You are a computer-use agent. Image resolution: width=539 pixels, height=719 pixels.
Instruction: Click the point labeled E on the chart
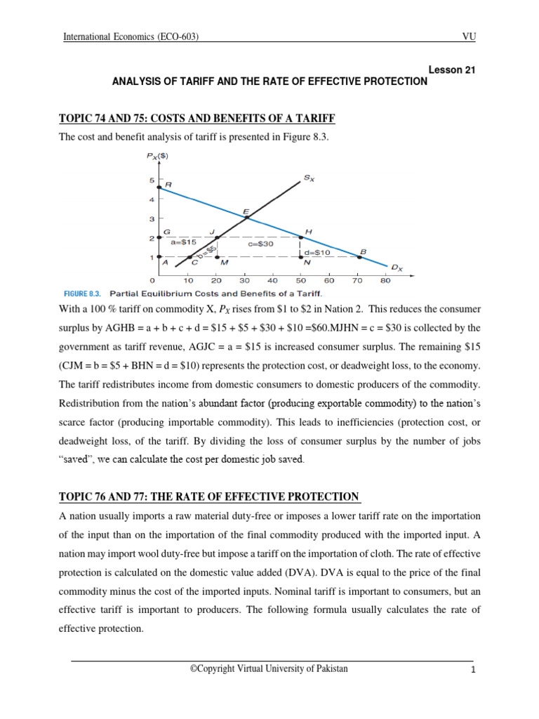(246, 218)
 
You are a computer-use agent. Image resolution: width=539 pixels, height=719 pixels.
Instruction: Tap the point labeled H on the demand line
(302, 238)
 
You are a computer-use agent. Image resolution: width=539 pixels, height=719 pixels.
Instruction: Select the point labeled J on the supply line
(217, 238)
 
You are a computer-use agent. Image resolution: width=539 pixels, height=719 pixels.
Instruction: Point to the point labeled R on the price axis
(160, 187)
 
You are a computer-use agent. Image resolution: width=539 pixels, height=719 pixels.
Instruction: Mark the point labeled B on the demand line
(359, 257)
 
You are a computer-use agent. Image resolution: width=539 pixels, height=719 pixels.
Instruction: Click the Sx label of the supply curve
(309, 179)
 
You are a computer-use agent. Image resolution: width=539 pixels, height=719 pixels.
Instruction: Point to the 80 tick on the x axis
(385, 280)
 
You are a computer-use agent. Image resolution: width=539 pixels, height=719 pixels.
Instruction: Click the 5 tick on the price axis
(152, 181)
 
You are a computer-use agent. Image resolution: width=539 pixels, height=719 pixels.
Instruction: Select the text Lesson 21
(456, 69)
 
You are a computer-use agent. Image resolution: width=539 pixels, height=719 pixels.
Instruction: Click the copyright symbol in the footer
(194, 669)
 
